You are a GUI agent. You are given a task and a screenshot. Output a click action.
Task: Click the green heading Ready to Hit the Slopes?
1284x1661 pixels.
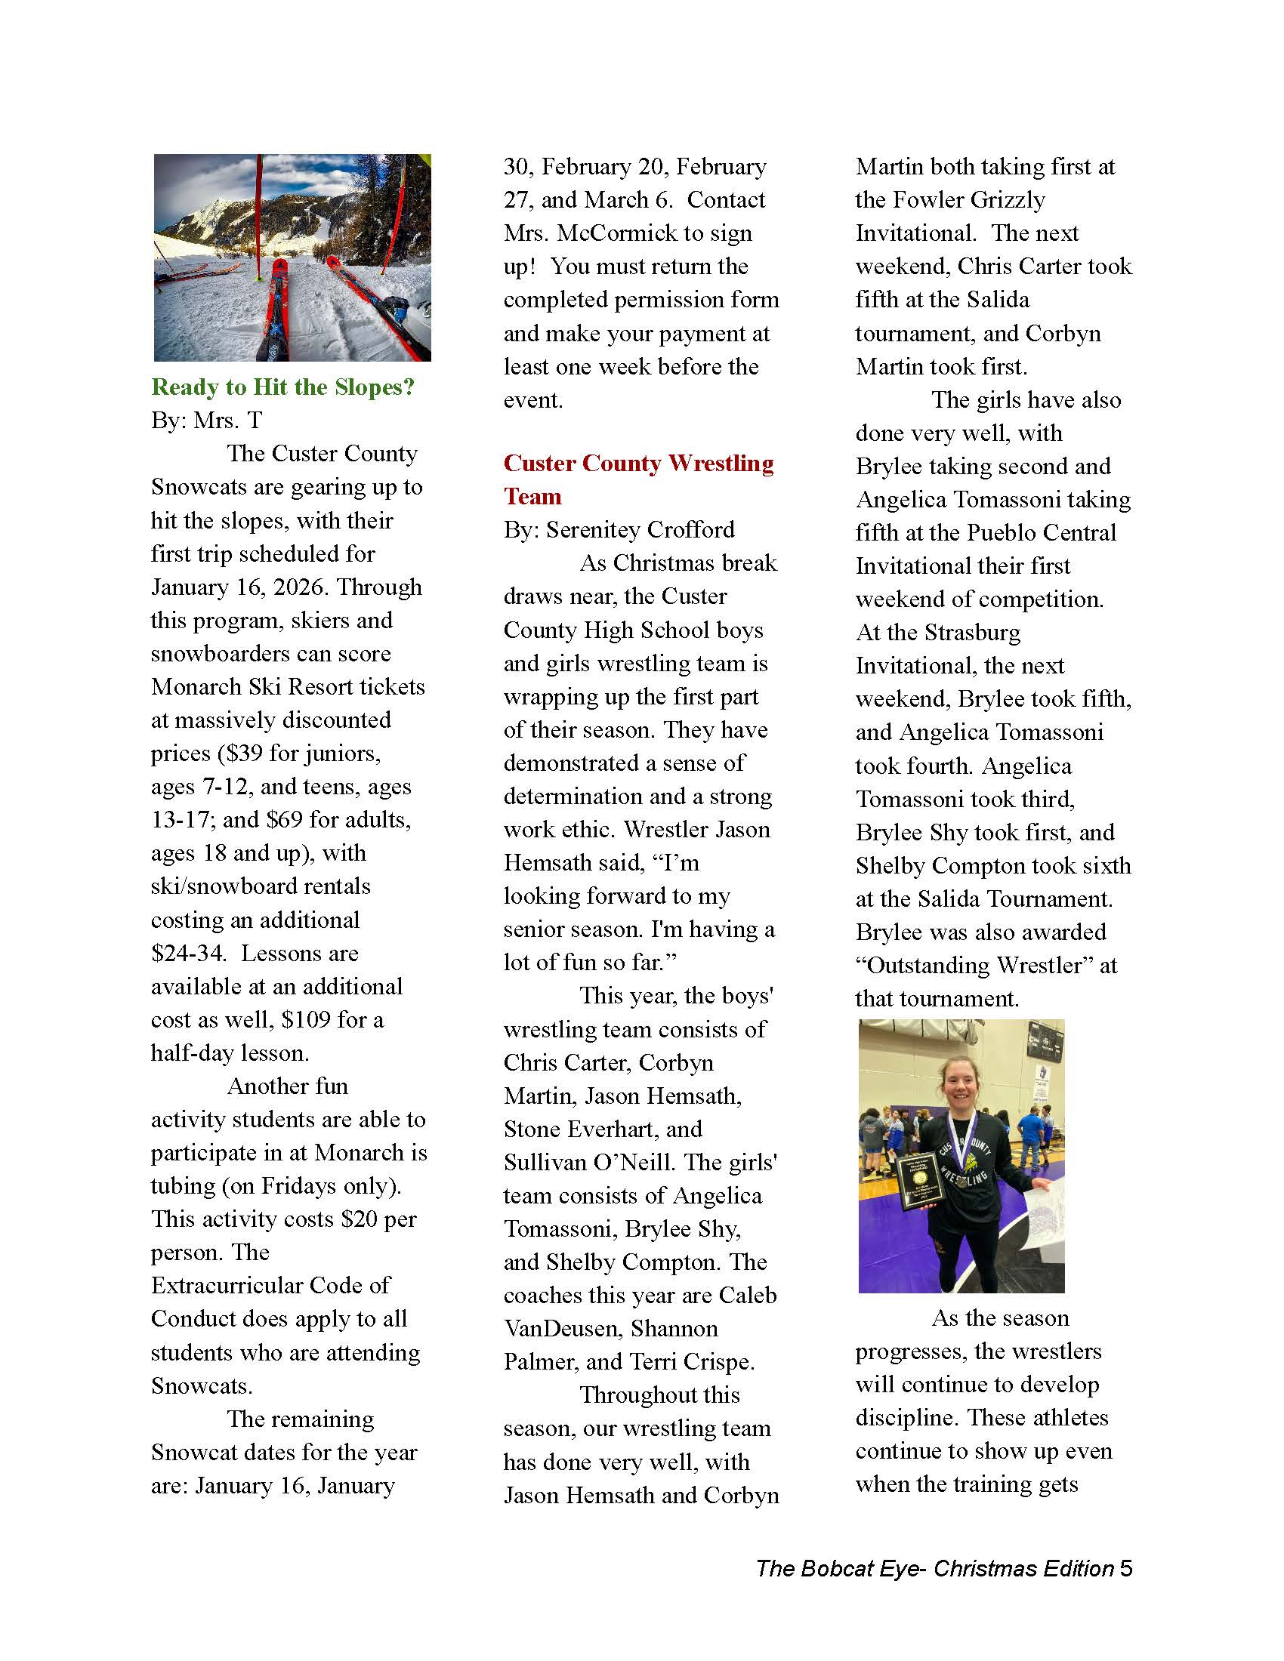tap(282, 387)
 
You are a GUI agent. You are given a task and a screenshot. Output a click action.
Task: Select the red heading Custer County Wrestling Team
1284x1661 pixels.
tap(638, 479)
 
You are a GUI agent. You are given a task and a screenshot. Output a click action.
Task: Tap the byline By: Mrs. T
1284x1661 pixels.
tap(206, 421)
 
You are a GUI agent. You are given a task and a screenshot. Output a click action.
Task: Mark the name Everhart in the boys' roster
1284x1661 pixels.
tap(602, 1129)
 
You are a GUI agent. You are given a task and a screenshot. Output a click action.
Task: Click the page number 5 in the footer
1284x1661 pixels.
tap(1126, 1569)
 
